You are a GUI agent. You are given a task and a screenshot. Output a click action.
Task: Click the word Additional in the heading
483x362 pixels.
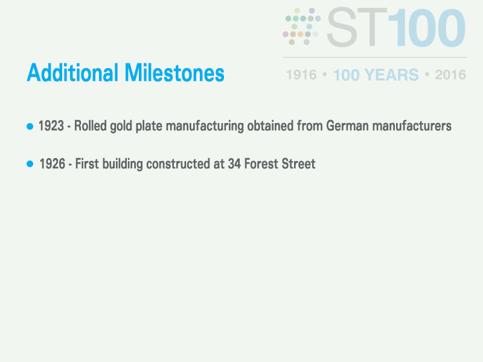72,73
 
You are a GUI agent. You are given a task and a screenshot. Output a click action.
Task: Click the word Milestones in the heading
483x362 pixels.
174,73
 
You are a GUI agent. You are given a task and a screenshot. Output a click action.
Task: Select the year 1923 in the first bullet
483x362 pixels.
51,126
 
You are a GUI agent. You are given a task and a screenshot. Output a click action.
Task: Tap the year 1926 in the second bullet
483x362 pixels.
53,164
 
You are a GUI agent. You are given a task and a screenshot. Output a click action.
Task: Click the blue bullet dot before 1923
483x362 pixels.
30,126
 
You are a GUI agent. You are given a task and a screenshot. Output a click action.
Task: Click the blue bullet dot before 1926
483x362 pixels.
30,164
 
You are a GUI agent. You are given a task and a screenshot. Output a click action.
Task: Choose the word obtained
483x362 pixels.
270,126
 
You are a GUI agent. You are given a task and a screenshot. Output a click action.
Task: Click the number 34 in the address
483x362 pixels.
234,164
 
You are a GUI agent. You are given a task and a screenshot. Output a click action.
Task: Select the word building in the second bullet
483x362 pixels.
123,164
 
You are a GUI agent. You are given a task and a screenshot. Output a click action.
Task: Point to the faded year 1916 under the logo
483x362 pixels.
301,75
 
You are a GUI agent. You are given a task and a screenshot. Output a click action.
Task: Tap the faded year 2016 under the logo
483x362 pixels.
450,75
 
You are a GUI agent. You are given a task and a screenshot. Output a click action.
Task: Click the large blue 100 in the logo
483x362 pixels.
427,28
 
